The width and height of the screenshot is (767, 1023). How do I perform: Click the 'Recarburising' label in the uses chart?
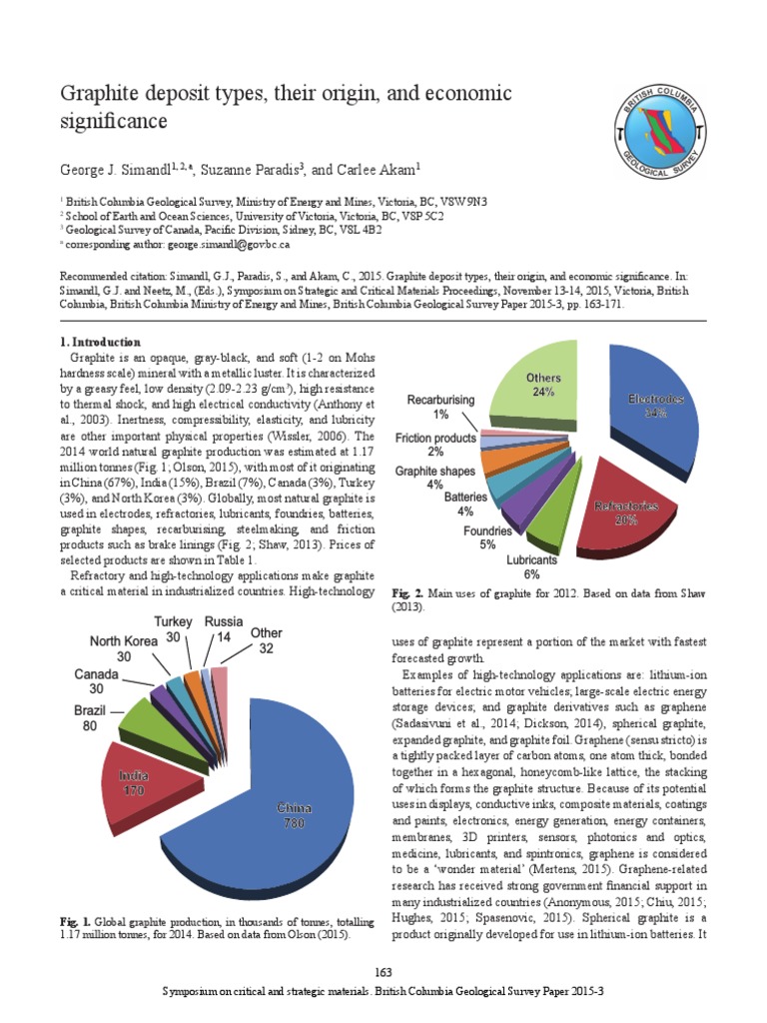pos(440,400)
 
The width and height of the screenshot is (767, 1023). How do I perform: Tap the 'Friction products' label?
pos(436,439)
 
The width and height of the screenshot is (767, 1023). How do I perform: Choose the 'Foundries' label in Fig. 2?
pos(487,530)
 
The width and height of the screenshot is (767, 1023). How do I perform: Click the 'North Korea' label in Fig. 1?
pos(124,640)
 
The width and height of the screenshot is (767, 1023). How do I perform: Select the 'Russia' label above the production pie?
pos(224,621)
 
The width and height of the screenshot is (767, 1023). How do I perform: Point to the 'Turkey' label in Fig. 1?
pos(173,622)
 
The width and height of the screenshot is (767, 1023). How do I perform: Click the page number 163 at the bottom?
pos(383,973)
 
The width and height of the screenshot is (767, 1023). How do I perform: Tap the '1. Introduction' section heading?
pos(101,343)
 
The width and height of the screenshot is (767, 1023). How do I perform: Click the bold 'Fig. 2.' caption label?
pos(402,593)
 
